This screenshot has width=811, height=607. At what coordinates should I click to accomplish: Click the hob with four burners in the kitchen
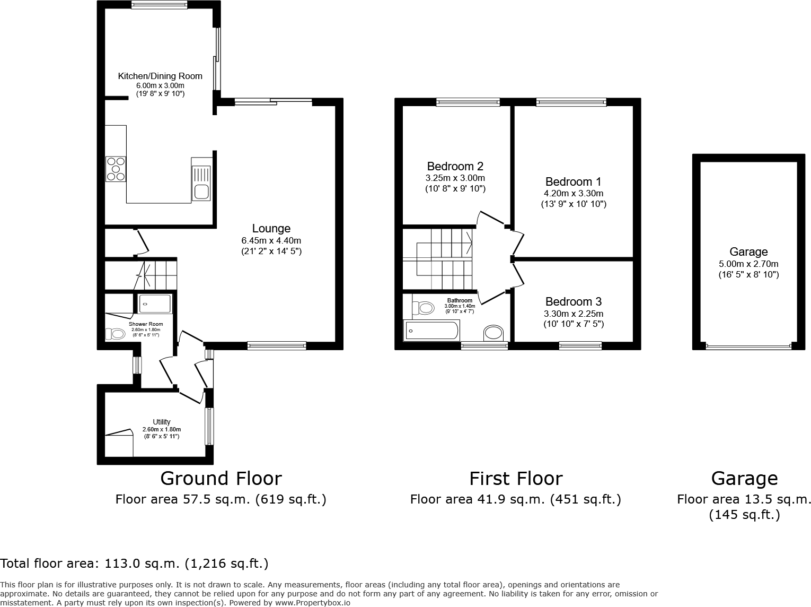116,169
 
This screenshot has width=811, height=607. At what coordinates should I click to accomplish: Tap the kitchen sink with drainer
201,183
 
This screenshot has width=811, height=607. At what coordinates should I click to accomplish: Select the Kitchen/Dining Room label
160,76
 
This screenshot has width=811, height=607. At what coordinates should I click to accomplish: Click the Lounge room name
271,228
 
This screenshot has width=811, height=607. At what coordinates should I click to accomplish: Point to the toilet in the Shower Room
116,334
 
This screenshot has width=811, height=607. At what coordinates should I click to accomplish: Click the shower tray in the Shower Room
155,304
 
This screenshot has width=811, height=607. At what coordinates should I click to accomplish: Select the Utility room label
162,422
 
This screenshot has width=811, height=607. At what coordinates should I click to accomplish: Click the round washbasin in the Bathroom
493,333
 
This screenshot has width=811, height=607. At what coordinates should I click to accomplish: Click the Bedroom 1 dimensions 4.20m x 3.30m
573,194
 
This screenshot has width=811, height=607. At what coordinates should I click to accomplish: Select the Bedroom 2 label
455,166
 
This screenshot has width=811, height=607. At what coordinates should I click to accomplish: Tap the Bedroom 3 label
573,301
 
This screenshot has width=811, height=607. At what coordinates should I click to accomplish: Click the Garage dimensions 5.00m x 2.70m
748,264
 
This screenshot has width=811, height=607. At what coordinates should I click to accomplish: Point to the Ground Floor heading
221,478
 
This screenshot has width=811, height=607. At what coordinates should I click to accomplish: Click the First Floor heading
515,478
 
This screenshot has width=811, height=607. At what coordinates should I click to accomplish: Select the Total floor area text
134,563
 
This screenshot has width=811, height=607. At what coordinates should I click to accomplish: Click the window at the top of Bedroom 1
571,102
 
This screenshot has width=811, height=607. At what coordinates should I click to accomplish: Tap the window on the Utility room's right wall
210,426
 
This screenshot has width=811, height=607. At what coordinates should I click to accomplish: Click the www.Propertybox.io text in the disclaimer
312,603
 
